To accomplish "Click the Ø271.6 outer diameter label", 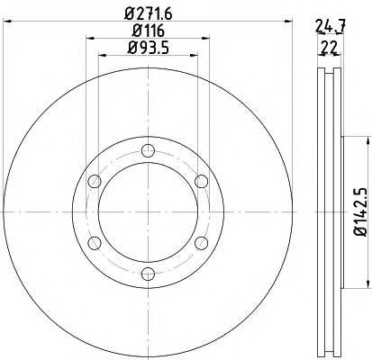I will [x=148, y=13].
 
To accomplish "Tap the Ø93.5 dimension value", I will [x=148, y=49].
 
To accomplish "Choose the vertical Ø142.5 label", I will [x=358, y=212].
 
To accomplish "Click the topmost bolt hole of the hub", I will [x=148, y=151].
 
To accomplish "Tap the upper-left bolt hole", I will [x=95, y=182].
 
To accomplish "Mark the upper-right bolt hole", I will [x=201, y=182].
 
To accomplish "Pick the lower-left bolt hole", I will [x=95, y=243].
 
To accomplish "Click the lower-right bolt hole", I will [x=201, y=243].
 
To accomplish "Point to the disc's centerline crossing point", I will [x=148, y=212].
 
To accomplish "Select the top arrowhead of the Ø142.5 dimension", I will [x=368, y=141].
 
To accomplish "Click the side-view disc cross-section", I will [x=331, y=212].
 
